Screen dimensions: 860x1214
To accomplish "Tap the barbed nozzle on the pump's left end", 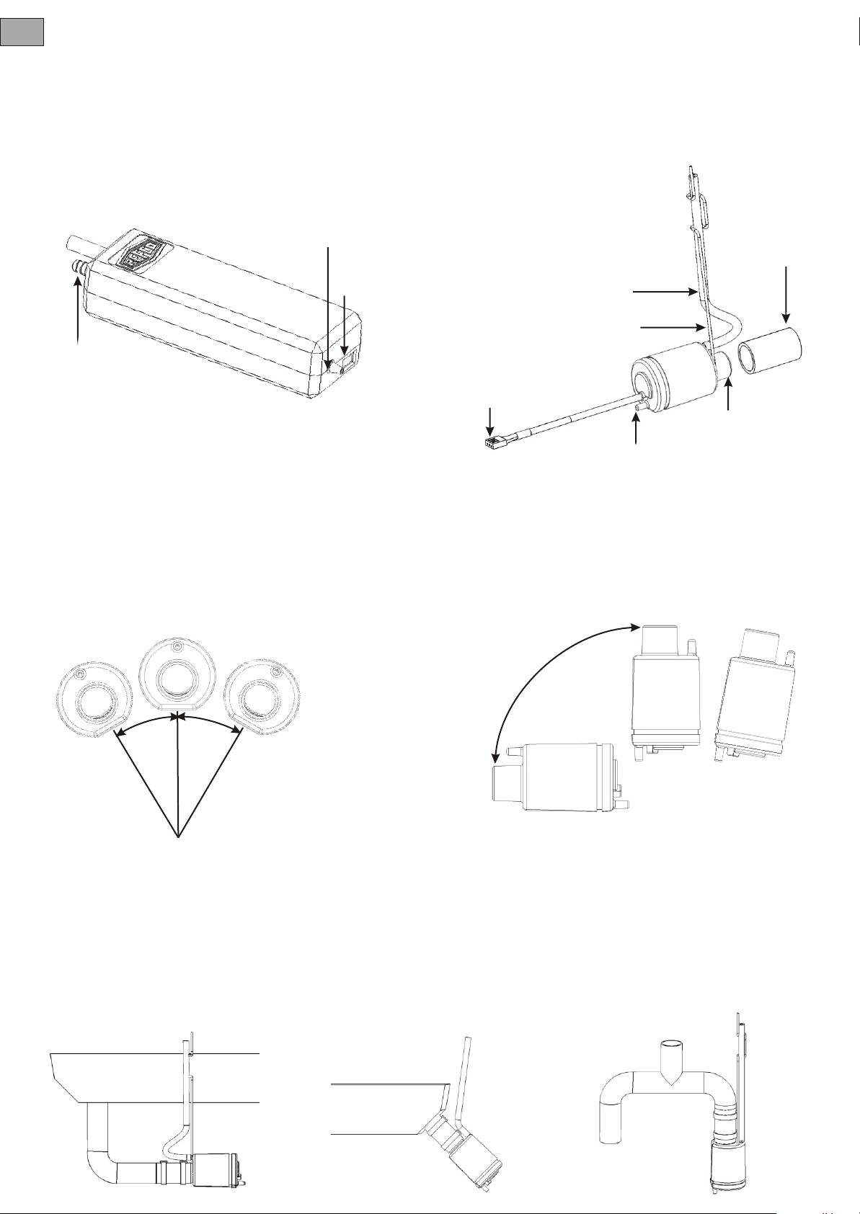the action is coord(77,268).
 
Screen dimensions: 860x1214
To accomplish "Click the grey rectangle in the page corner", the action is coord(22,32).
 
